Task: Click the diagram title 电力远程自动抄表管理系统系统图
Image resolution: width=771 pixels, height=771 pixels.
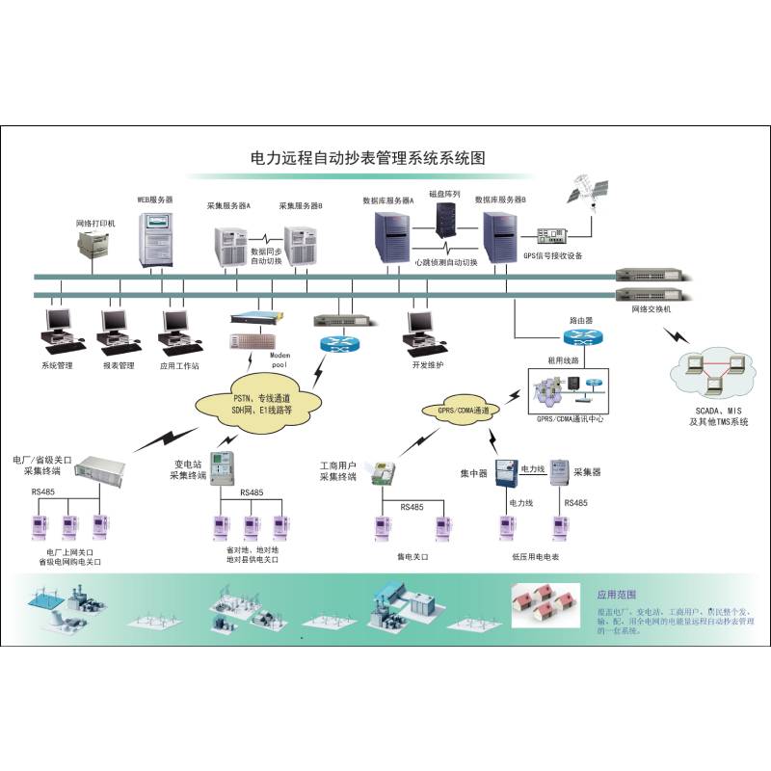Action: click(366, 156)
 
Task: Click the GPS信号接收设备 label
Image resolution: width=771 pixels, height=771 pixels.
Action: click(552, 255)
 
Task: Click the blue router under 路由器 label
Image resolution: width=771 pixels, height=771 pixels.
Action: click(582, 337)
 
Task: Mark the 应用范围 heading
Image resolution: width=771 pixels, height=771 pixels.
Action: click(617, 595)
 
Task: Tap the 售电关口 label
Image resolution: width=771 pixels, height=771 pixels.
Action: click(412, 556)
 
